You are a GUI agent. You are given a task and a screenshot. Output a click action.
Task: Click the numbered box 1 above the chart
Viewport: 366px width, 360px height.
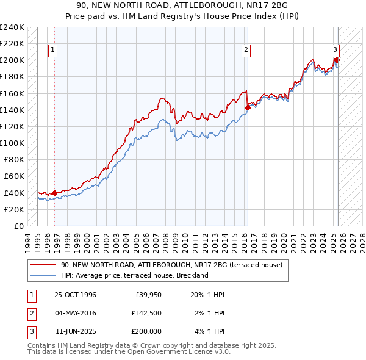point(54,51)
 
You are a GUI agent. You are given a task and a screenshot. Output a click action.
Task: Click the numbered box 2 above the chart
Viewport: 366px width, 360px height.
point(246,51)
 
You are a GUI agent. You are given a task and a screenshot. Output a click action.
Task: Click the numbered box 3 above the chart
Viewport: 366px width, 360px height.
point(335,51)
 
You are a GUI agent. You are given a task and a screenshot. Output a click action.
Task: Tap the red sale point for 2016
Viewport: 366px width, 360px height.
point(248,107)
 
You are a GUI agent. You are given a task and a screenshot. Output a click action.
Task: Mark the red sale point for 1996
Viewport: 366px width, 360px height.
point(54,193)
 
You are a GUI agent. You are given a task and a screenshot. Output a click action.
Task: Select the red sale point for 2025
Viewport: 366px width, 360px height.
point(337,60)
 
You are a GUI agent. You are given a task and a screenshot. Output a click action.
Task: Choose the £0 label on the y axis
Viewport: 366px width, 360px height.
point(18,226)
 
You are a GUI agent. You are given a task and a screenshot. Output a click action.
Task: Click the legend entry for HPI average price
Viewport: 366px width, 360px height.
point(135,275)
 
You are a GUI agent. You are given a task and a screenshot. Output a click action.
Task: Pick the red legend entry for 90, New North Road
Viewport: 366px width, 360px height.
point(171,265)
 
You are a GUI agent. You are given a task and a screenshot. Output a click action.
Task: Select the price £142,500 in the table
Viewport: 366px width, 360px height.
point(146,313)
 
